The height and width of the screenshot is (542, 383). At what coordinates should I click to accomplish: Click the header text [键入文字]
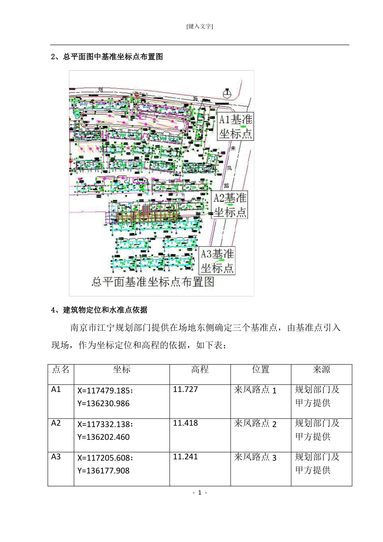pos(200,27)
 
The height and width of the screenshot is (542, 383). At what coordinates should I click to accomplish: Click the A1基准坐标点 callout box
pos(236,126)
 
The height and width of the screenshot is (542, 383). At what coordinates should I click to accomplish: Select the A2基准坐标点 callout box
pos(230,205)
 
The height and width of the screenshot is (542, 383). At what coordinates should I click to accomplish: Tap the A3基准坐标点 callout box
pos(218,261)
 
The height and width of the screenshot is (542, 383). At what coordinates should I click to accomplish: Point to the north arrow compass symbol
pos(227,94)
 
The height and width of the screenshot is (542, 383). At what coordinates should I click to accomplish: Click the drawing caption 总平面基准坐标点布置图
pos(153,282)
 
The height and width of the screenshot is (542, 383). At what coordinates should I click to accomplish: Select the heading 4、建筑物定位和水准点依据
pos(99,310)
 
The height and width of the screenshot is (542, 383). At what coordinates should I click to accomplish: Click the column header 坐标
pos(121,369)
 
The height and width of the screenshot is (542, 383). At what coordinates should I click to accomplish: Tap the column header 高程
pos(200,369)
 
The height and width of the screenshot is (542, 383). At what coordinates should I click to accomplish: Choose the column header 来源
pos(321,369)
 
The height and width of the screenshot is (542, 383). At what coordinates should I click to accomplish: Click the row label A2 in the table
pos(56,423)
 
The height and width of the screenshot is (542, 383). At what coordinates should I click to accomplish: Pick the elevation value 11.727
pos(185,390)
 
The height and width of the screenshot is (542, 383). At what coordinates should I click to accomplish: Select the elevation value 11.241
pos(185,457)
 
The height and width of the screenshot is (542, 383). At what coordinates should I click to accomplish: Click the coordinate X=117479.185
pos(105,390)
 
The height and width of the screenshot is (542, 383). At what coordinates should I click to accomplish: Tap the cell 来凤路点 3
pos(255,457)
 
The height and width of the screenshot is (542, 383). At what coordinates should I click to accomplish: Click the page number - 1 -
pos(200,493)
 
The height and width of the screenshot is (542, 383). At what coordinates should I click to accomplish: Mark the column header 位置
pos(260,369)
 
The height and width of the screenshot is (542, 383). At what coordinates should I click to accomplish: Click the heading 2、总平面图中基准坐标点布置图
pos(107,57)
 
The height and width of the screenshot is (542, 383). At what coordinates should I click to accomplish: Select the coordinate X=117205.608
pos(105,458)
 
